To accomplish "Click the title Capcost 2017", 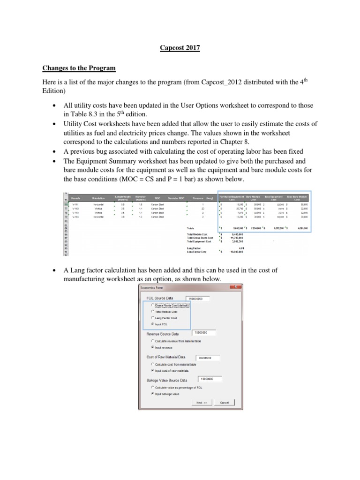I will coord(180,48).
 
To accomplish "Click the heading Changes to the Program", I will coord(79,68).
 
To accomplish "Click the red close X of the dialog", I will coord(238,287).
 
